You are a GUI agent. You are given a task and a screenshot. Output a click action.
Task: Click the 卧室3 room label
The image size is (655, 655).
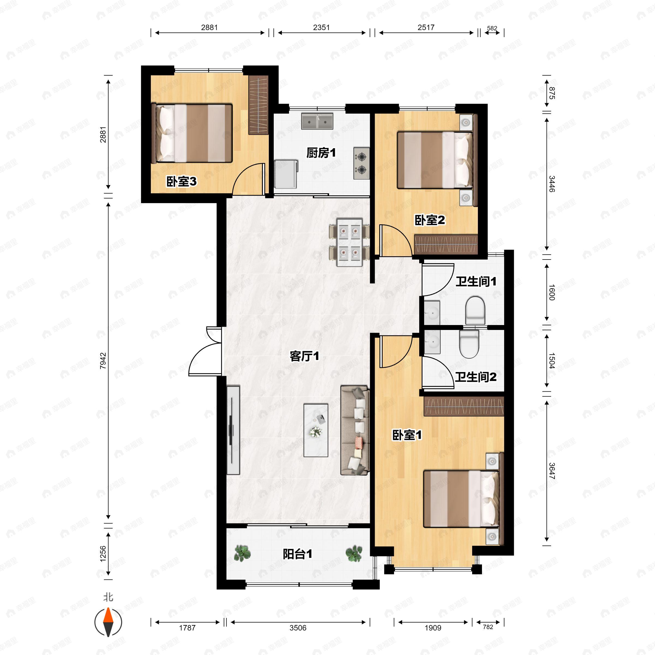pyautogui.click(x=181, y=182)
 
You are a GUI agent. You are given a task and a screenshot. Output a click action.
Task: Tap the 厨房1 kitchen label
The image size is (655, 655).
pyautogui.click(x=321, y=153)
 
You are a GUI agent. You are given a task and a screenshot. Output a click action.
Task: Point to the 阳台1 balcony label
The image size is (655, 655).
pyautogui.click(x=297, y=554)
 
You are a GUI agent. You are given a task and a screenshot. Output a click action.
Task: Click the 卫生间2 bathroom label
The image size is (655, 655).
pyautogui.click(x=476, y=377)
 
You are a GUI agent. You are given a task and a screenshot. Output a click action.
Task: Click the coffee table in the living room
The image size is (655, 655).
pyautogui.click(x=316, y=430)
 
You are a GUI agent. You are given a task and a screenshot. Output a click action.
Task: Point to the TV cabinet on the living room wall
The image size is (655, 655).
pyautogui.click(x=233, y=430)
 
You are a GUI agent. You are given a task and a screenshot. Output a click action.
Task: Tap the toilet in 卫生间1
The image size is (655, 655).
pyautogui.click(x=475, y=310)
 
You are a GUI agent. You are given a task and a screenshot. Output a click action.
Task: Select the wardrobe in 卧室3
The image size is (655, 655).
pyautogui.click(x=258, y=105)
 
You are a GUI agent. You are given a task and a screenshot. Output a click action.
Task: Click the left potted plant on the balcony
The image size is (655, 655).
pyautogui.click(x=242, y=553)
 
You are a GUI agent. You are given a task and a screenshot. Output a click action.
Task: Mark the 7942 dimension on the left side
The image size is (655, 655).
pyautogui.click(x=103, y=361)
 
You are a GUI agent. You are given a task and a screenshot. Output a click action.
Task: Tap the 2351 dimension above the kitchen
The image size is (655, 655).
pyautogui.click(x=321, y=28)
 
